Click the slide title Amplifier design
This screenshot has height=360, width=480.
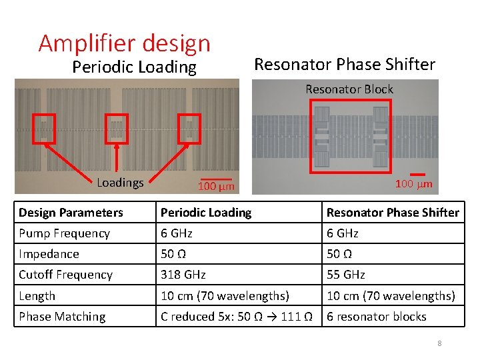coord(125,43)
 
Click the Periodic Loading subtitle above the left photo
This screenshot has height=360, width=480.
coord(134,67)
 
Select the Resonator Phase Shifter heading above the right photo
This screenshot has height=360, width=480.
coord(345,65)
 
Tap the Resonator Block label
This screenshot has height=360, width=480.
coord(349,89)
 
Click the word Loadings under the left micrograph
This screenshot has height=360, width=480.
coord(120,182)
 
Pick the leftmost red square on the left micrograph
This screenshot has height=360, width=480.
coord(45,127)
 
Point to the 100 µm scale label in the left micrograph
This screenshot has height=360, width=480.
coord(216,187)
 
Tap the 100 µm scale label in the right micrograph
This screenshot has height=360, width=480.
coord(413,183)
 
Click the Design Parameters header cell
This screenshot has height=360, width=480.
coord(71,213)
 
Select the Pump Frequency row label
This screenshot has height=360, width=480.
coord(64,233)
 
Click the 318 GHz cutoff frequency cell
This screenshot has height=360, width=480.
coord(183,275)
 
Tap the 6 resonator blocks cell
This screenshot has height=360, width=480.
coord(376,317)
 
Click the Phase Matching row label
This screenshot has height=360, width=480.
coord(62,317)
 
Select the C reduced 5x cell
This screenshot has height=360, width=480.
coord(237,317)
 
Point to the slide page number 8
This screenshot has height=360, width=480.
coord(439,343)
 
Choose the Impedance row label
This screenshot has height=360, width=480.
coord(49,254)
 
